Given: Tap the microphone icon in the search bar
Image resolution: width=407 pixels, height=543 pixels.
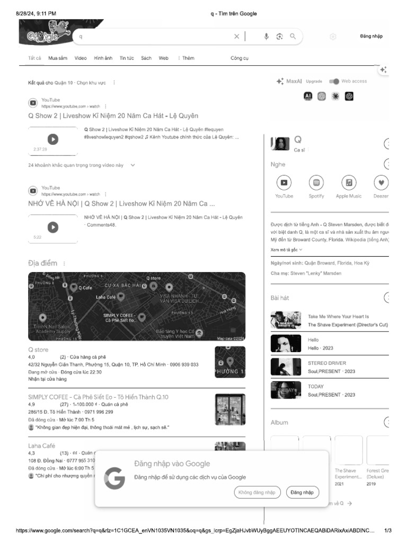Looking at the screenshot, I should [x=267, y=37].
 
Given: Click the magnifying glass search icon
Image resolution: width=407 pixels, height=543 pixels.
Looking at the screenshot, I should [x=293, y=37].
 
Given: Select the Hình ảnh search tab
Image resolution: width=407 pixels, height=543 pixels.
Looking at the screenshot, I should [x=103, y=58].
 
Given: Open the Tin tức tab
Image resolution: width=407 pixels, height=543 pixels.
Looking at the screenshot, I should [x=127, y=58].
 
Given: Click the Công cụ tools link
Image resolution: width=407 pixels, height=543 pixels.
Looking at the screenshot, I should [x=239, y=58].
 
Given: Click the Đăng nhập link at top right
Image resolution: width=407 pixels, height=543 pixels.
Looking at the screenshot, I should [x=371, y=37].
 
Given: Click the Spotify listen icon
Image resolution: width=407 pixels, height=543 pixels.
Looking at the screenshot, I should [x=316, y=183].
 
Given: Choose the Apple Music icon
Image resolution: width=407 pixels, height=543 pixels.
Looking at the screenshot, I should [x=349, y=183].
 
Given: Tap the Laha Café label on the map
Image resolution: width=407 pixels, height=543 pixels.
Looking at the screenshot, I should [x=105, y=297].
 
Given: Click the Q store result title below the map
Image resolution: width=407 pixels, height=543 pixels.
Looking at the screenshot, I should [x=38, y=350].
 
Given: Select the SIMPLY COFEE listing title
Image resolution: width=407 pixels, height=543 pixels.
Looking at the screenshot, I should [x=98, y=397].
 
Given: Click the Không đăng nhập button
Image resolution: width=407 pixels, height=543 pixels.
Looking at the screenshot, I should [x=257, y=493].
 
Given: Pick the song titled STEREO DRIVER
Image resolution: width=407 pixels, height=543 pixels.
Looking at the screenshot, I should [x=326, y=363].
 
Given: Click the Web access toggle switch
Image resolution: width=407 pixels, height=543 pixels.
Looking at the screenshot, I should [x=334, y=81].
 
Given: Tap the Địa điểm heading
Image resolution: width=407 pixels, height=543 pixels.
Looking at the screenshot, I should [x=42, y=263].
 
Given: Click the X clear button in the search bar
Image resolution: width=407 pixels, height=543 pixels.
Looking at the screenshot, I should [x=237, y=37].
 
